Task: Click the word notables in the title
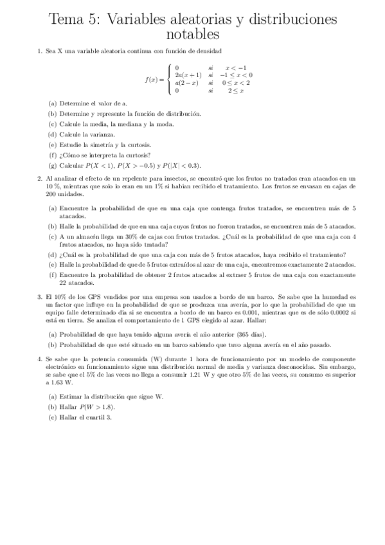point(192,34)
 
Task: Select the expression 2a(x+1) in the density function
point(186,75)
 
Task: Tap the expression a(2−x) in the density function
point(186,83)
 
